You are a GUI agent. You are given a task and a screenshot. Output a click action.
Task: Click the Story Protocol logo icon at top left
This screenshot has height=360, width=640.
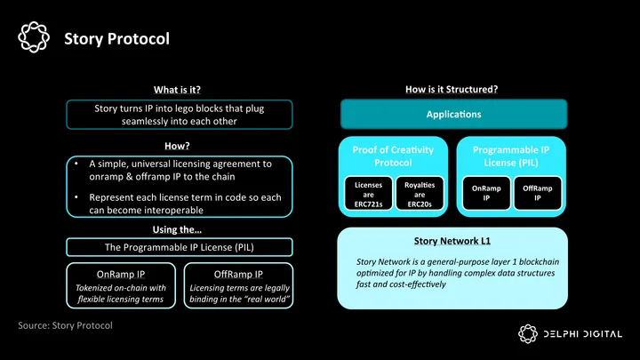[33, 38]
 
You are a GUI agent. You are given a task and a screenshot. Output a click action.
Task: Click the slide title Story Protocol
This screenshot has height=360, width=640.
[116, 39]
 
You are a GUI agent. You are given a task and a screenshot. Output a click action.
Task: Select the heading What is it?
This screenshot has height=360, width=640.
[177, 90]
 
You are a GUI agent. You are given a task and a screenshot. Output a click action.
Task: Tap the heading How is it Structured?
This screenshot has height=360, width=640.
[451, 89]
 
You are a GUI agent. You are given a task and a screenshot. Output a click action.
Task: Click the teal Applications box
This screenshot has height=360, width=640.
[453, 115]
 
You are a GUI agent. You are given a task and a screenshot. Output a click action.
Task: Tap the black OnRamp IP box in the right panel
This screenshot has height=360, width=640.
[484, 195]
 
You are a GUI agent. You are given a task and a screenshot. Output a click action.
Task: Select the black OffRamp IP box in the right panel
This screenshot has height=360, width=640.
[538, 195]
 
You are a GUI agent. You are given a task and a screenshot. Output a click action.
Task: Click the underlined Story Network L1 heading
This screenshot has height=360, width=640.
[452, 241]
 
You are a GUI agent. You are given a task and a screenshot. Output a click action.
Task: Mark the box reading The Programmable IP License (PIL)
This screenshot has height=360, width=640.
[179, 246]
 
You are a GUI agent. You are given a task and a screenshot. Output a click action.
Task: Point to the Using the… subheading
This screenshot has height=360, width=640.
[178, 231]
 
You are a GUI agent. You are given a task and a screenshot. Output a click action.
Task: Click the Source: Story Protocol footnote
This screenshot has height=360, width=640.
[65, 326]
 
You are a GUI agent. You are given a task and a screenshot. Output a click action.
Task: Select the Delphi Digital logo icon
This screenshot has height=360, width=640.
[529, 333]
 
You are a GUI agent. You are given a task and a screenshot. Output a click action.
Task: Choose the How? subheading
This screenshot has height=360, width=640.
[178, 146]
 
